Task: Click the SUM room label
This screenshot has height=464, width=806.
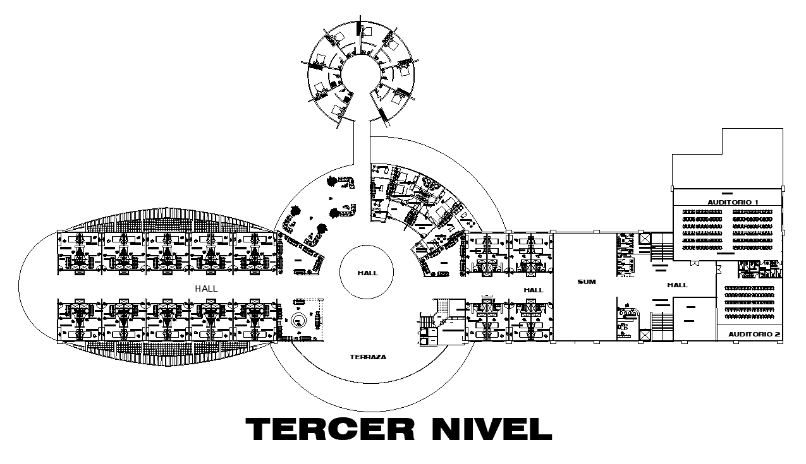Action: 586,282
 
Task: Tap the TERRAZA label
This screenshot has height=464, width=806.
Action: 367,357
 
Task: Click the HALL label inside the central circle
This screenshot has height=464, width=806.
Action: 367,273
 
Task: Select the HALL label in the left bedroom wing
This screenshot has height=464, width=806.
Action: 206,288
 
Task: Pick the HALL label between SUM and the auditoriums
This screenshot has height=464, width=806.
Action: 677,285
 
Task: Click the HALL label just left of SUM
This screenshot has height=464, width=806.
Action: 534,290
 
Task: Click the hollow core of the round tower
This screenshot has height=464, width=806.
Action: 360,73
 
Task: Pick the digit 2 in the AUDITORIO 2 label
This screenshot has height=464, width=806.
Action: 777,333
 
